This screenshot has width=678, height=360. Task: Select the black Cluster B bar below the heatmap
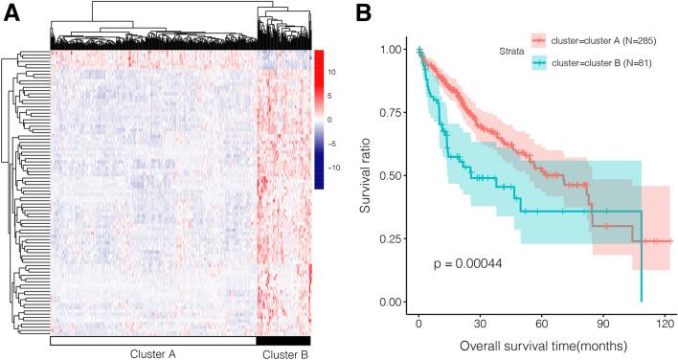click(x=283, y=340)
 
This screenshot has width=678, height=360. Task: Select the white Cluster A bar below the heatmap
click(x=153, y=340)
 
